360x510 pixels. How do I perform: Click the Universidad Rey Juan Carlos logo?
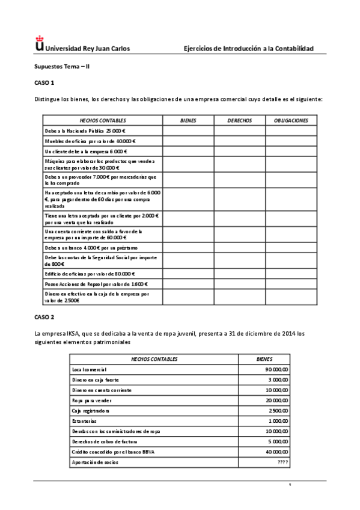(40, 45)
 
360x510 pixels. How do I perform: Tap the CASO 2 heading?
(44, 316)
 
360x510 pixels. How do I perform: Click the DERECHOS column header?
(239, 120)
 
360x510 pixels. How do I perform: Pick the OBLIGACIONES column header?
(291, 120)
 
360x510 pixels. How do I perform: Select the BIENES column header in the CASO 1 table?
(188, 120)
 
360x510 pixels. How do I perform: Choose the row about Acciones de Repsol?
(96, 283)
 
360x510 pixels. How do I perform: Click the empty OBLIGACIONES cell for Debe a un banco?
(291, 247)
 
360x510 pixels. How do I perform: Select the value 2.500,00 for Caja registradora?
(278, 411)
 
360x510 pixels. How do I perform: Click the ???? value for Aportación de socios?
(282, 462)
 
